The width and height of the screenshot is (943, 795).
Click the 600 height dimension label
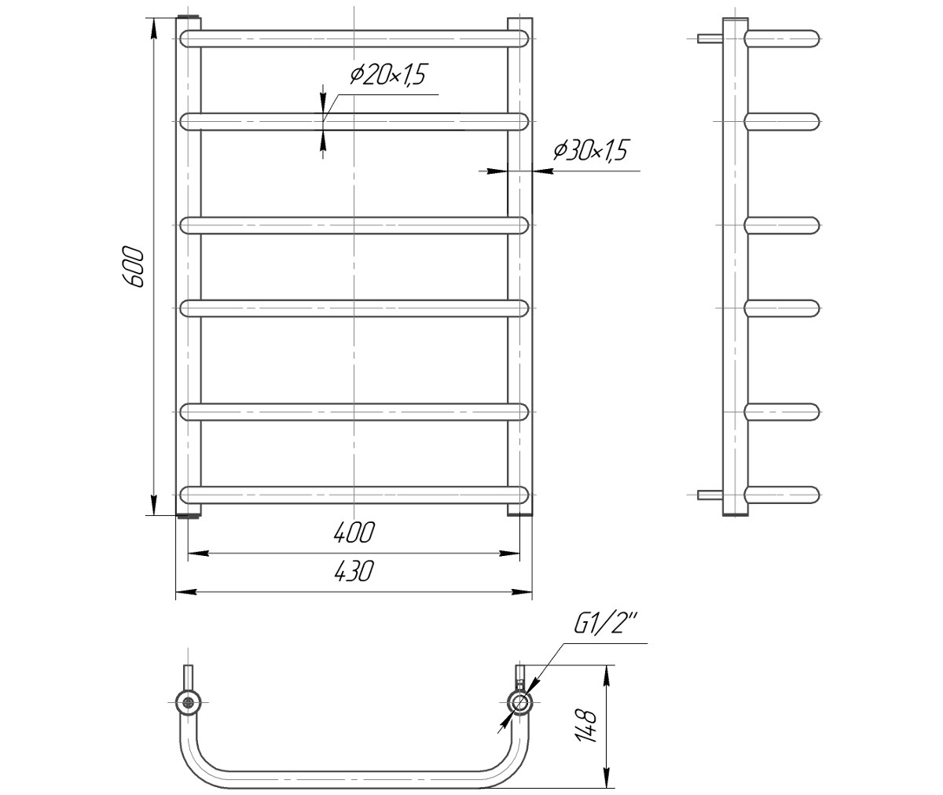pos(134,267)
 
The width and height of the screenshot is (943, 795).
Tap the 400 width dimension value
pos(354,532)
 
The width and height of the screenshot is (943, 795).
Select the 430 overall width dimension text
pos(354,571)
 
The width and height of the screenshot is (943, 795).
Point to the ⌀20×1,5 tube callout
pos(388,75)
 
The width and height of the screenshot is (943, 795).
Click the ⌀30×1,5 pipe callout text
pos(591,150)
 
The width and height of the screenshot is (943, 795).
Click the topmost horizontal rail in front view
pos(354,39)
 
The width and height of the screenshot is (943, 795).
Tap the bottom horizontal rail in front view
pos(354,495)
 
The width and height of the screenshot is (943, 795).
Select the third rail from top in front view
pos(354,226)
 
